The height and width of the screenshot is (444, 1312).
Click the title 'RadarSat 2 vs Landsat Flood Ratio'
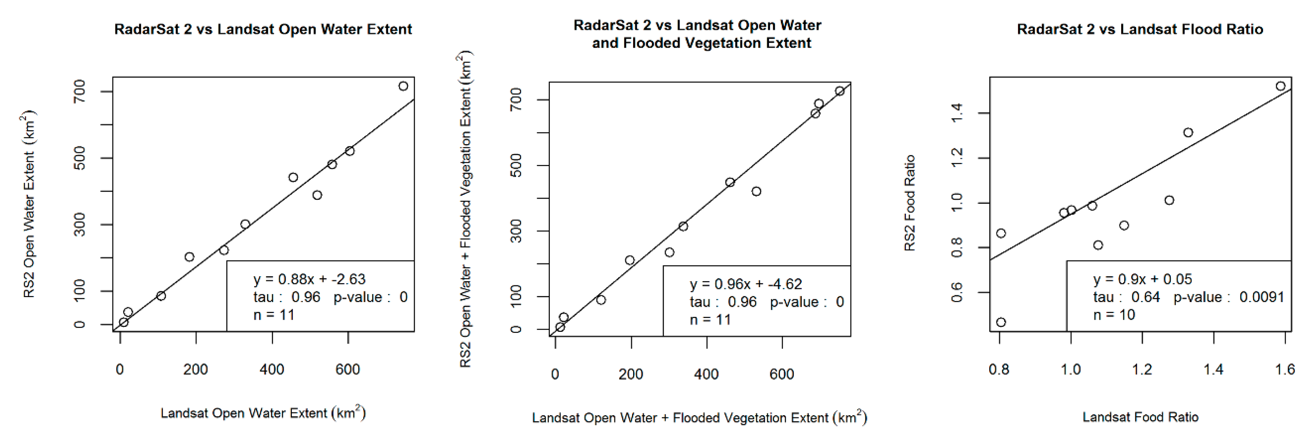(1140, 29)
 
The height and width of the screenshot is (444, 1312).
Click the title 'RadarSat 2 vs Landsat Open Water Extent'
(263, 29)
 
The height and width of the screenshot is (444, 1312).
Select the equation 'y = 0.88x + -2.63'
(309, 279)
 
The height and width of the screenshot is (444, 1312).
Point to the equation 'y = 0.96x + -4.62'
(746, 284)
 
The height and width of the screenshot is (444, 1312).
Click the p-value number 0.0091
(1262, 297)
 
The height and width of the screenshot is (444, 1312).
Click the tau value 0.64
(1145, 297)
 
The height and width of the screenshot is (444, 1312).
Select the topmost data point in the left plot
(403, 86)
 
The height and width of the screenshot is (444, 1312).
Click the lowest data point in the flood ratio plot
(1001, 322)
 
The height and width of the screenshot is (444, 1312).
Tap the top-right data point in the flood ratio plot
(1280, 86)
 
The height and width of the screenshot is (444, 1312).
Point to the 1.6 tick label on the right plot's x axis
(1284, 369)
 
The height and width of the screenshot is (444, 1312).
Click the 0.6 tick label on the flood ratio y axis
(957, 292)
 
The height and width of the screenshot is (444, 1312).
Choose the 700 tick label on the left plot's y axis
(79, 91)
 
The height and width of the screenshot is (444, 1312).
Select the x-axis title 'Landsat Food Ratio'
(1140, 417)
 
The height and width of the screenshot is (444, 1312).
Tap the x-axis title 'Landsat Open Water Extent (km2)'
(263, 412)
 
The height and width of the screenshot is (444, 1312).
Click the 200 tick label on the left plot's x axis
(195, 369)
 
